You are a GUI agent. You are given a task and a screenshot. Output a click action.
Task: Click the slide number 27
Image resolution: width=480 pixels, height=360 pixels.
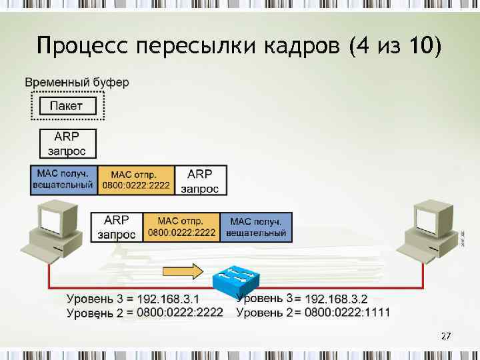click(x=446, y=337)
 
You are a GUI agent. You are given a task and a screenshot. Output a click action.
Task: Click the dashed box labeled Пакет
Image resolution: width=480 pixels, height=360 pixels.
click(x=67, y=105)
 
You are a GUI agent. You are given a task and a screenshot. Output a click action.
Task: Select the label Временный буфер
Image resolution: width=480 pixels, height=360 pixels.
click(x=77, y=83)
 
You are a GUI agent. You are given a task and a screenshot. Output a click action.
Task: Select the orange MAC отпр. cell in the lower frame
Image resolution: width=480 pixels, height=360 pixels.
click(x=182, y=227)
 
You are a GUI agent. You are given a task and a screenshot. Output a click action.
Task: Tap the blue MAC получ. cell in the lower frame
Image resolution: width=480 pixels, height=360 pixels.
click(x=257, y=227)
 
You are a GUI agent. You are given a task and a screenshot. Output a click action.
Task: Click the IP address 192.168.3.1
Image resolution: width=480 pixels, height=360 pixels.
click(x=171, y=297)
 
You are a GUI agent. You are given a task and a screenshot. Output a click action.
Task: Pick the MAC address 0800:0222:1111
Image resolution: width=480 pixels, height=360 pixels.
click(x=347, y=311)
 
